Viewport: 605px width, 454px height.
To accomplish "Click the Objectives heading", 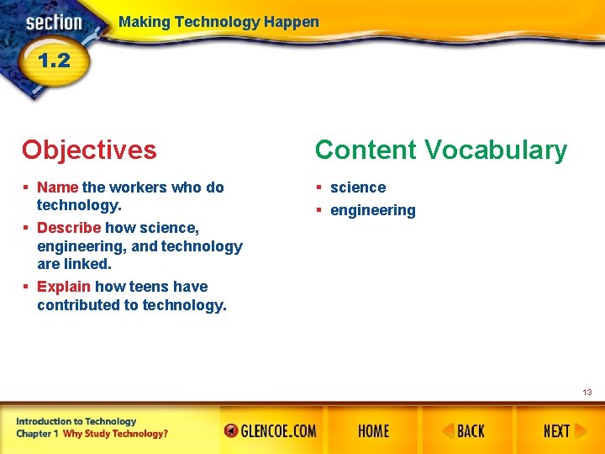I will click(89, 150).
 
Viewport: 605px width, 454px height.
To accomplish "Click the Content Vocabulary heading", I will click(440, 150).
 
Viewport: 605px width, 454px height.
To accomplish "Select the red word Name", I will click(57, 187).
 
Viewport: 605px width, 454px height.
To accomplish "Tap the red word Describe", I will click(69, 228).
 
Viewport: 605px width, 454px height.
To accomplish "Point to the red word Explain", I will click(64, 287).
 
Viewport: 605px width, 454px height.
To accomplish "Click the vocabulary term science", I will click(358, 187).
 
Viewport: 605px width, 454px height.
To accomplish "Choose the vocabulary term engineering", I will click(372, 210).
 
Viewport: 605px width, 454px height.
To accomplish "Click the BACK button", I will click(464, 431).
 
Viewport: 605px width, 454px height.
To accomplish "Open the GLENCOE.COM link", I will click(271, 431).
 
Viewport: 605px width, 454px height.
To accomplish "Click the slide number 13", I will click(587, 392).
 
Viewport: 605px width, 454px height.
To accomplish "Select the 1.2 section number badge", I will click(53, 61).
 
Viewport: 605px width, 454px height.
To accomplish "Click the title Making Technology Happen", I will click(218, 22).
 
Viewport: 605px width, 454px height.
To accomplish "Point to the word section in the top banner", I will click(53, 23).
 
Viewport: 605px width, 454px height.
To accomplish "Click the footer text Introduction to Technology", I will click(76, 421).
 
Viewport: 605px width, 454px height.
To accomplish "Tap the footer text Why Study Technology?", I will click(115, 434).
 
